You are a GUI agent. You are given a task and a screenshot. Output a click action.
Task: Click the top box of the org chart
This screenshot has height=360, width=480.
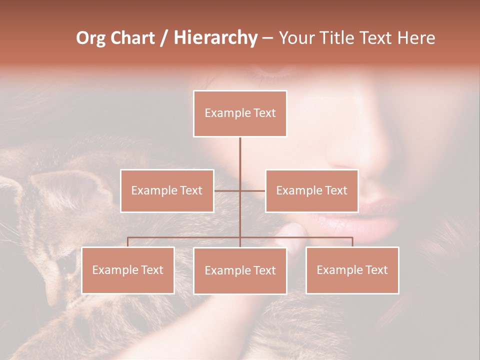click(240, 113)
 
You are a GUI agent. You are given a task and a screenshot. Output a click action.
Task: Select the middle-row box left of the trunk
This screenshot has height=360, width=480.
click(167, 190)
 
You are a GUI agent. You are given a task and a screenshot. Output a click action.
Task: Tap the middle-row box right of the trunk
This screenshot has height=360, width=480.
click(311, 190)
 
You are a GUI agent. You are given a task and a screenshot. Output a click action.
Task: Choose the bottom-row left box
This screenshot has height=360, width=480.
click(128, 270)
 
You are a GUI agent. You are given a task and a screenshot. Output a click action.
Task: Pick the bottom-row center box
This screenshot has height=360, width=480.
click(240, 270)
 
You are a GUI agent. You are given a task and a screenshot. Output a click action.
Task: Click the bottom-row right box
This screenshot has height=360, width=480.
click(352, 270)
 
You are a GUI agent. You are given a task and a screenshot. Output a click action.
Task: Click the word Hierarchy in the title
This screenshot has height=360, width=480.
click(215, 38)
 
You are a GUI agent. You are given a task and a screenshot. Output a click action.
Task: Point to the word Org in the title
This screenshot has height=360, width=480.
click(90, 38)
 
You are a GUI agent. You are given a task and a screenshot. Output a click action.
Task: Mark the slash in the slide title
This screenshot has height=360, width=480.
click(164, 38)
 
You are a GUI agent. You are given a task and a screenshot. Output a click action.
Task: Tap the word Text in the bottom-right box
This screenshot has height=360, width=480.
click(376, 270)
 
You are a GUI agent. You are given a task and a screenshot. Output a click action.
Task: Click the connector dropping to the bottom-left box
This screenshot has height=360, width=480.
click(128, 242)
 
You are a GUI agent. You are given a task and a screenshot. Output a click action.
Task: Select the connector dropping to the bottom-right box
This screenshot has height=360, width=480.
click(352, 242)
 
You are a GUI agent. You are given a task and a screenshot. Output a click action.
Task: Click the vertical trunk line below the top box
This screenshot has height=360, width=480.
click(240, 155)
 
